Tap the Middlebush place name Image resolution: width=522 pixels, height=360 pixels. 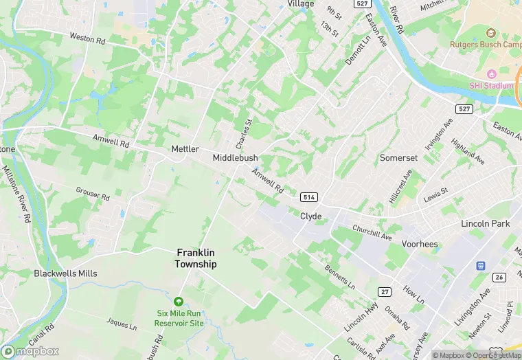(x=235, y=158)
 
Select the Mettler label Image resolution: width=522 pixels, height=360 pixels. (x=185, y=149)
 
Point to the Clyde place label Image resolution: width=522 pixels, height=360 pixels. (x=310, y=216)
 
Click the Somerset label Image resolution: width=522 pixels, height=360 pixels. (x=398, y=158)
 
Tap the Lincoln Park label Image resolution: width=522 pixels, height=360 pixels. (x=486, y=224)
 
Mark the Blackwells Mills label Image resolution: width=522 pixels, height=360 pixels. (x=65, y=273)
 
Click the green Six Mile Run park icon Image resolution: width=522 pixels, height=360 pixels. (x=178, y=301)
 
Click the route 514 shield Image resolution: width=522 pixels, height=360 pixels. (x=308, y=198)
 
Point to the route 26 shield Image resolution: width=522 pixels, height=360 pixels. (x=499, y=277)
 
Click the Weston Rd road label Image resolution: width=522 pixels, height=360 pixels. (x=87, y=39)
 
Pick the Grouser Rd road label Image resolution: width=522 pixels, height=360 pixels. (x=93, y=195)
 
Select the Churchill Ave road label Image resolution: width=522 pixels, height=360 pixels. (x=372, y=232)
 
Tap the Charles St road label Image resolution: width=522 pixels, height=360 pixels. (x=244, y=134)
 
